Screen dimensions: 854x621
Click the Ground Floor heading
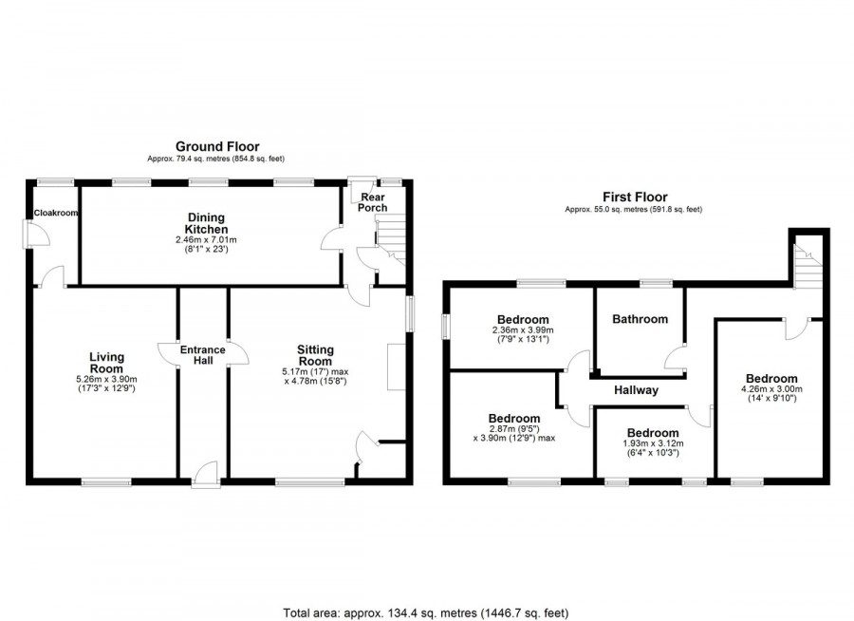(217, 146)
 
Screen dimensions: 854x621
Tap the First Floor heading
(635, 197)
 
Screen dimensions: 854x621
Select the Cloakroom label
(56, 213)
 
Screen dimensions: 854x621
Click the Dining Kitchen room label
(206, 223)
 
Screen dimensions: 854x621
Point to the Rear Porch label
(373, 202)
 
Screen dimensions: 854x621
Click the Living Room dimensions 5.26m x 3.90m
(106, 380)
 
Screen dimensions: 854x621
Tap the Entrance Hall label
(203, 355)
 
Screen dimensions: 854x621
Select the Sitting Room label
(315, 355)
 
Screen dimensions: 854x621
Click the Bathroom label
(640, 319)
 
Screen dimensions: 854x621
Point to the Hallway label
(636, 390)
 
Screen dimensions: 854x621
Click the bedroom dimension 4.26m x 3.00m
(771, 389)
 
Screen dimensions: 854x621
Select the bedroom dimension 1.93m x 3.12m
(653, 443)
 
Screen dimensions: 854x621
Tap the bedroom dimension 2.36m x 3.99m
(523, 329)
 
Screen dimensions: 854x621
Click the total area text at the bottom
(426, 612)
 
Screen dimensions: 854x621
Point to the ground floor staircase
(391, 239)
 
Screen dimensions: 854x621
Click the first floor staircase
(808, 266)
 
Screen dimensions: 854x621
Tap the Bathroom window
(656, 283)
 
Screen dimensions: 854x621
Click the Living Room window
(106, 481)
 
